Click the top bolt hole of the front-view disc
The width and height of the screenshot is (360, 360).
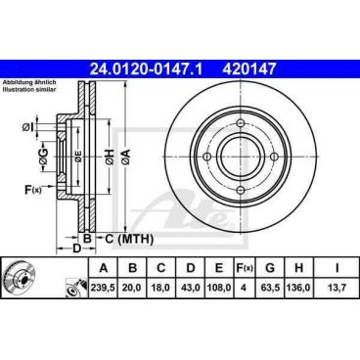tap(239, 122)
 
